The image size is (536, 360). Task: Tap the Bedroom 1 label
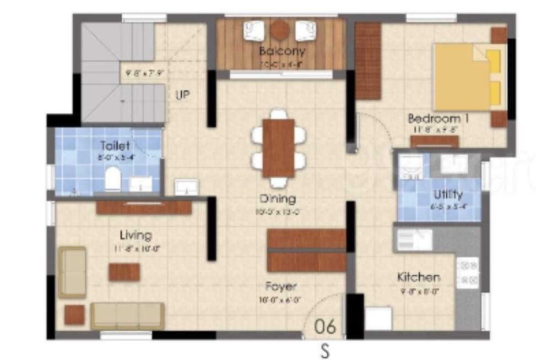438,118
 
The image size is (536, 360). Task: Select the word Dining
278,199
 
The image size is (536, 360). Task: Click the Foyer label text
281,286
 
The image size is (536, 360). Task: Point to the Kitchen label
419,277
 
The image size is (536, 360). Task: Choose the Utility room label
448,194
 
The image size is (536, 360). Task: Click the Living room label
136,236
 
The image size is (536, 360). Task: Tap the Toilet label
115,146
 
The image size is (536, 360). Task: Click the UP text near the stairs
182,95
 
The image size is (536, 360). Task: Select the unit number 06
324,326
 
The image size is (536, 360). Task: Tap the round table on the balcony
280,30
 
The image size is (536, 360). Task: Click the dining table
278,148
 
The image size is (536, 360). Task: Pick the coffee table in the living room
124,272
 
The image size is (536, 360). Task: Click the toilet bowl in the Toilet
112,179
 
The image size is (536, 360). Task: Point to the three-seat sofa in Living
127,315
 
